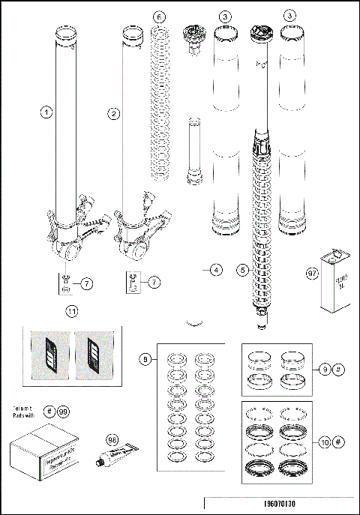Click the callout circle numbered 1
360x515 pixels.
(x=46, y=113)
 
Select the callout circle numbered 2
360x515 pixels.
(x=114, y=114)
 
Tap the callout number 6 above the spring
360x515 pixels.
(x=157, y=16)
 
